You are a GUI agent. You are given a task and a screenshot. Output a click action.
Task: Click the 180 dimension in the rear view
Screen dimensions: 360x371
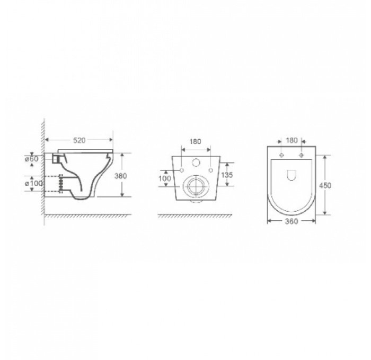click(196, 142)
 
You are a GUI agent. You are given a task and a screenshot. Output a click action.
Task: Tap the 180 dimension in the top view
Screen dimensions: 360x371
click(291, 141)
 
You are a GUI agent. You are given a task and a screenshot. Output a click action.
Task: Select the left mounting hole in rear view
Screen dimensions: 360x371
click(182, 170)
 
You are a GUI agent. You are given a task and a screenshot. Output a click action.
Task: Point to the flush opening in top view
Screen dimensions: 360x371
click(291, 175)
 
